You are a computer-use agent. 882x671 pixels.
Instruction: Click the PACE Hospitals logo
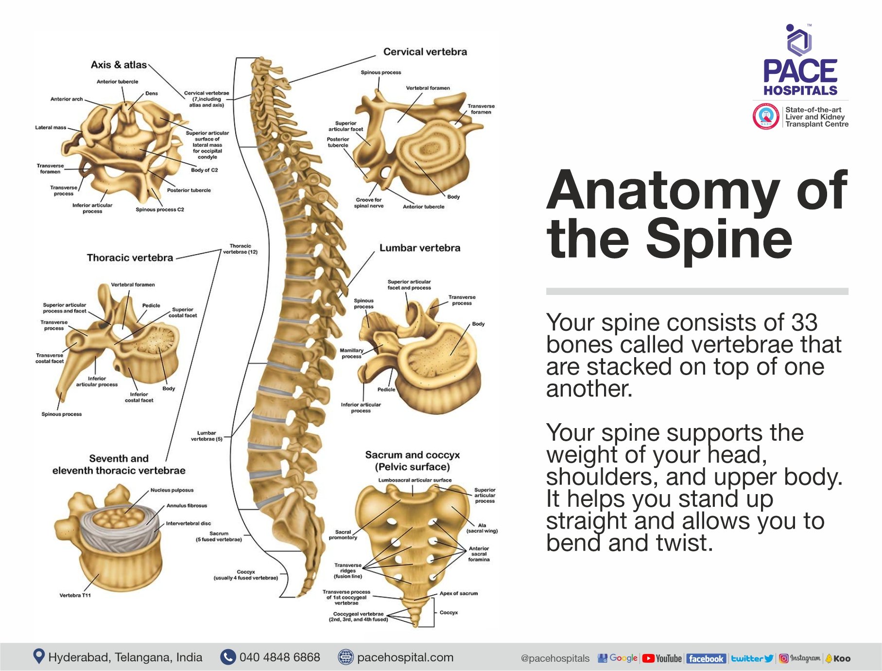(800, 61)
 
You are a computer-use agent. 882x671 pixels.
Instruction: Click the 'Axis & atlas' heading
(119, 65)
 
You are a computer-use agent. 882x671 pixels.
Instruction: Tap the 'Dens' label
(151, 93)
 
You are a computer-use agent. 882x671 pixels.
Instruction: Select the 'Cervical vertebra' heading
(425, 52)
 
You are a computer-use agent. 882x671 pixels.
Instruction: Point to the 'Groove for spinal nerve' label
(368, 203)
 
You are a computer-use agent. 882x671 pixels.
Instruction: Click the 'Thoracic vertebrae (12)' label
(240, 249)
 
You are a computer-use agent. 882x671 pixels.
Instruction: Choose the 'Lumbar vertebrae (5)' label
(207, 436)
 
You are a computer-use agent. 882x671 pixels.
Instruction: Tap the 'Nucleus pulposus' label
(172, 490)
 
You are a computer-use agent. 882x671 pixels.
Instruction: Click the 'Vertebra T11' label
(75, 595)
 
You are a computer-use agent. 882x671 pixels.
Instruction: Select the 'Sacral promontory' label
(343, 534)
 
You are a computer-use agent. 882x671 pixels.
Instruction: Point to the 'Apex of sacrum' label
(458, 593)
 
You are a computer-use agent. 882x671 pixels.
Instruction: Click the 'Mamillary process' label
(351, 353)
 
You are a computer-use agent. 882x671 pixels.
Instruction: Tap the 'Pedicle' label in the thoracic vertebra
(151, 306)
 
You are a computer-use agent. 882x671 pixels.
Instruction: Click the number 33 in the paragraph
(804, 323)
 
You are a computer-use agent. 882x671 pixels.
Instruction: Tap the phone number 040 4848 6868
(279, 657)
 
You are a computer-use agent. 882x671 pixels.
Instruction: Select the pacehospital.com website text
(405, 657)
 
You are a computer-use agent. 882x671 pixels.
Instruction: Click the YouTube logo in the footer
(662, 658)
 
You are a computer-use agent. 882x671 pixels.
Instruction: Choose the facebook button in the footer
(706, 658)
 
